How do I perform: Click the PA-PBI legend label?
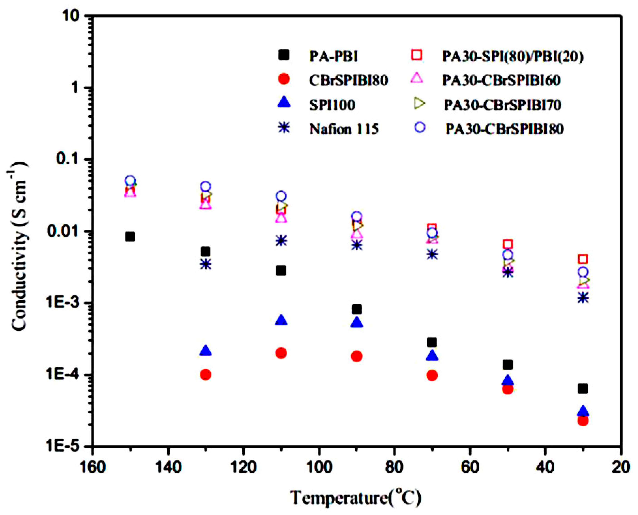334,56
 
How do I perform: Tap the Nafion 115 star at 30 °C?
583,297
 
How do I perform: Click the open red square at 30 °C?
583,259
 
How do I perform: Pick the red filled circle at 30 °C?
583,420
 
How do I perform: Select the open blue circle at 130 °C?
206,187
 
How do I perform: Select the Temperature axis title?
355,498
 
